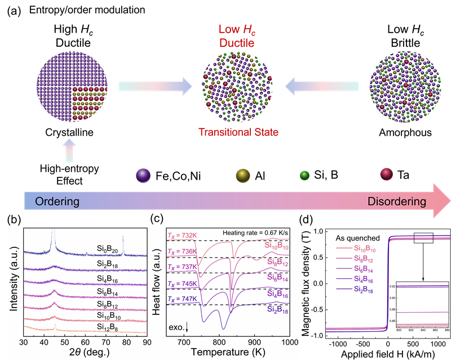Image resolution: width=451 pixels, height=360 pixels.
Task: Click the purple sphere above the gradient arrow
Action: pos(144,175)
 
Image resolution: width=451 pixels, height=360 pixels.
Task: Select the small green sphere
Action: pos(304,175)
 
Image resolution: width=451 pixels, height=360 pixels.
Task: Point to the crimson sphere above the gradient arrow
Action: pos(387,175)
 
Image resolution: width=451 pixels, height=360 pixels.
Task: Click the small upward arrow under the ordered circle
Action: pos(68,152)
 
